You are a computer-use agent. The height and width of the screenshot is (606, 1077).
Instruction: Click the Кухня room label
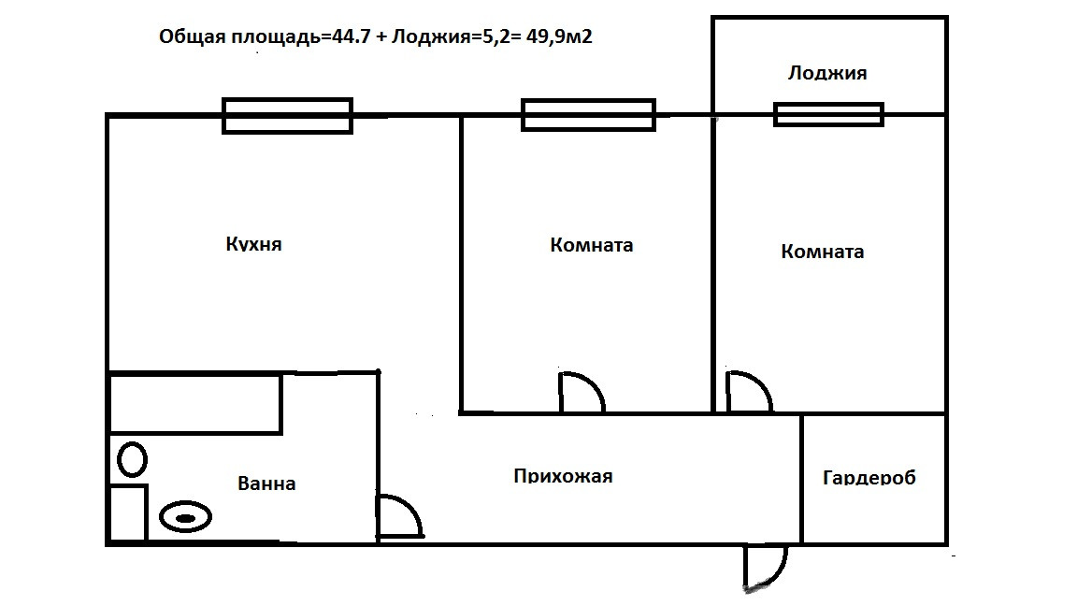253,245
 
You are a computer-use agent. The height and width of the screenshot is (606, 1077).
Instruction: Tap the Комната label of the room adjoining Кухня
592,245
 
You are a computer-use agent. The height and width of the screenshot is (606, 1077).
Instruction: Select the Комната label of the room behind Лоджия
822,252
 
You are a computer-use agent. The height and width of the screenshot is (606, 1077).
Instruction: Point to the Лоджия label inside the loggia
827,73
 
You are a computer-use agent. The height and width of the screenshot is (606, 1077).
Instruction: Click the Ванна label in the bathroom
266,483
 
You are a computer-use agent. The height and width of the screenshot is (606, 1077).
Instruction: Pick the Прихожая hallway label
563,476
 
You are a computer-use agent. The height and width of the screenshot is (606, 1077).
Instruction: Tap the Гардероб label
869,478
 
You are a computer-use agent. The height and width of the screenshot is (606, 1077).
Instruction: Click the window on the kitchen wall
287,116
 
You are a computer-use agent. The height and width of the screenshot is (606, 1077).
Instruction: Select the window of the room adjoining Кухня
588,115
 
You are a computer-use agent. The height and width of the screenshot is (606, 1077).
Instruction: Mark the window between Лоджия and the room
828,114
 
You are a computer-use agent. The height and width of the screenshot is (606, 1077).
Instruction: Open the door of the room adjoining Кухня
581,394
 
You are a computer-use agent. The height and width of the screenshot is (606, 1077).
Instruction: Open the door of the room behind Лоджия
748,393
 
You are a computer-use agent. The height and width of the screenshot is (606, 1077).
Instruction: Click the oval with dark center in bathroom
185,517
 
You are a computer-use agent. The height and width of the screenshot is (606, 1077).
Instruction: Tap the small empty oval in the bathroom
133,459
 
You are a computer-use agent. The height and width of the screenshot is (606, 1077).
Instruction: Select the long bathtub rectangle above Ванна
195,403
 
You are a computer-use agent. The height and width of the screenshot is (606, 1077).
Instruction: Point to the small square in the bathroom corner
128,512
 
